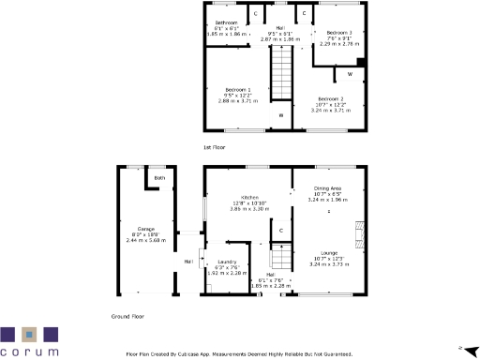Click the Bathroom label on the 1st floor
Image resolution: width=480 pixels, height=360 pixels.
coord(225,22)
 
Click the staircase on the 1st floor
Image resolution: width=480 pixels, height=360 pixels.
coord(280,71)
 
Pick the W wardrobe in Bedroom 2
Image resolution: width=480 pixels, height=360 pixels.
coord(350,72)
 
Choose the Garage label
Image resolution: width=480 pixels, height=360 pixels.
coord(145,229)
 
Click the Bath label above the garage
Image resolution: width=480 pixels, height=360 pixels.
coord(159,177)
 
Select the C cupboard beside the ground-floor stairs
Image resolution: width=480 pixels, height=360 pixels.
coord(280,230)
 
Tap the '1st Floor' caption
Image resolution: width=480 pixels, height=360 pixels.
coord(215,147)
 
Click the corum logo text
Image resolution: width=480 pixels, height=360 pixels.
coord(29,352)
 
